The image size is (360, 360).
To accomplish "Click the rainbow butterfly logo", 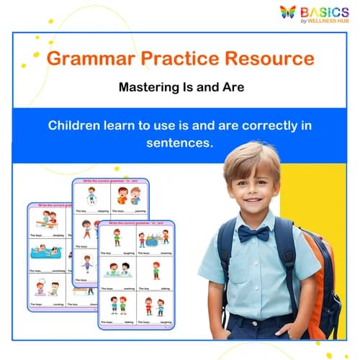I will point(288,12).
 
